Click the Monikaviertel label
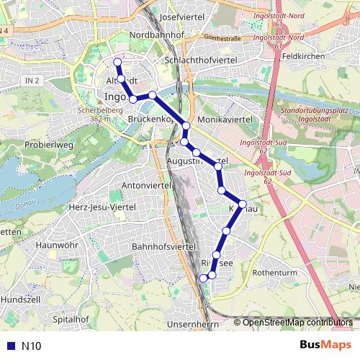[224, 117]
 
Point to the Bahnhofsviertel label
[164, 246]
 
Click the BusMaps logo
[326, 345]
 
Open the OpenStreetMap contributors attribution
[297, 323]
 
